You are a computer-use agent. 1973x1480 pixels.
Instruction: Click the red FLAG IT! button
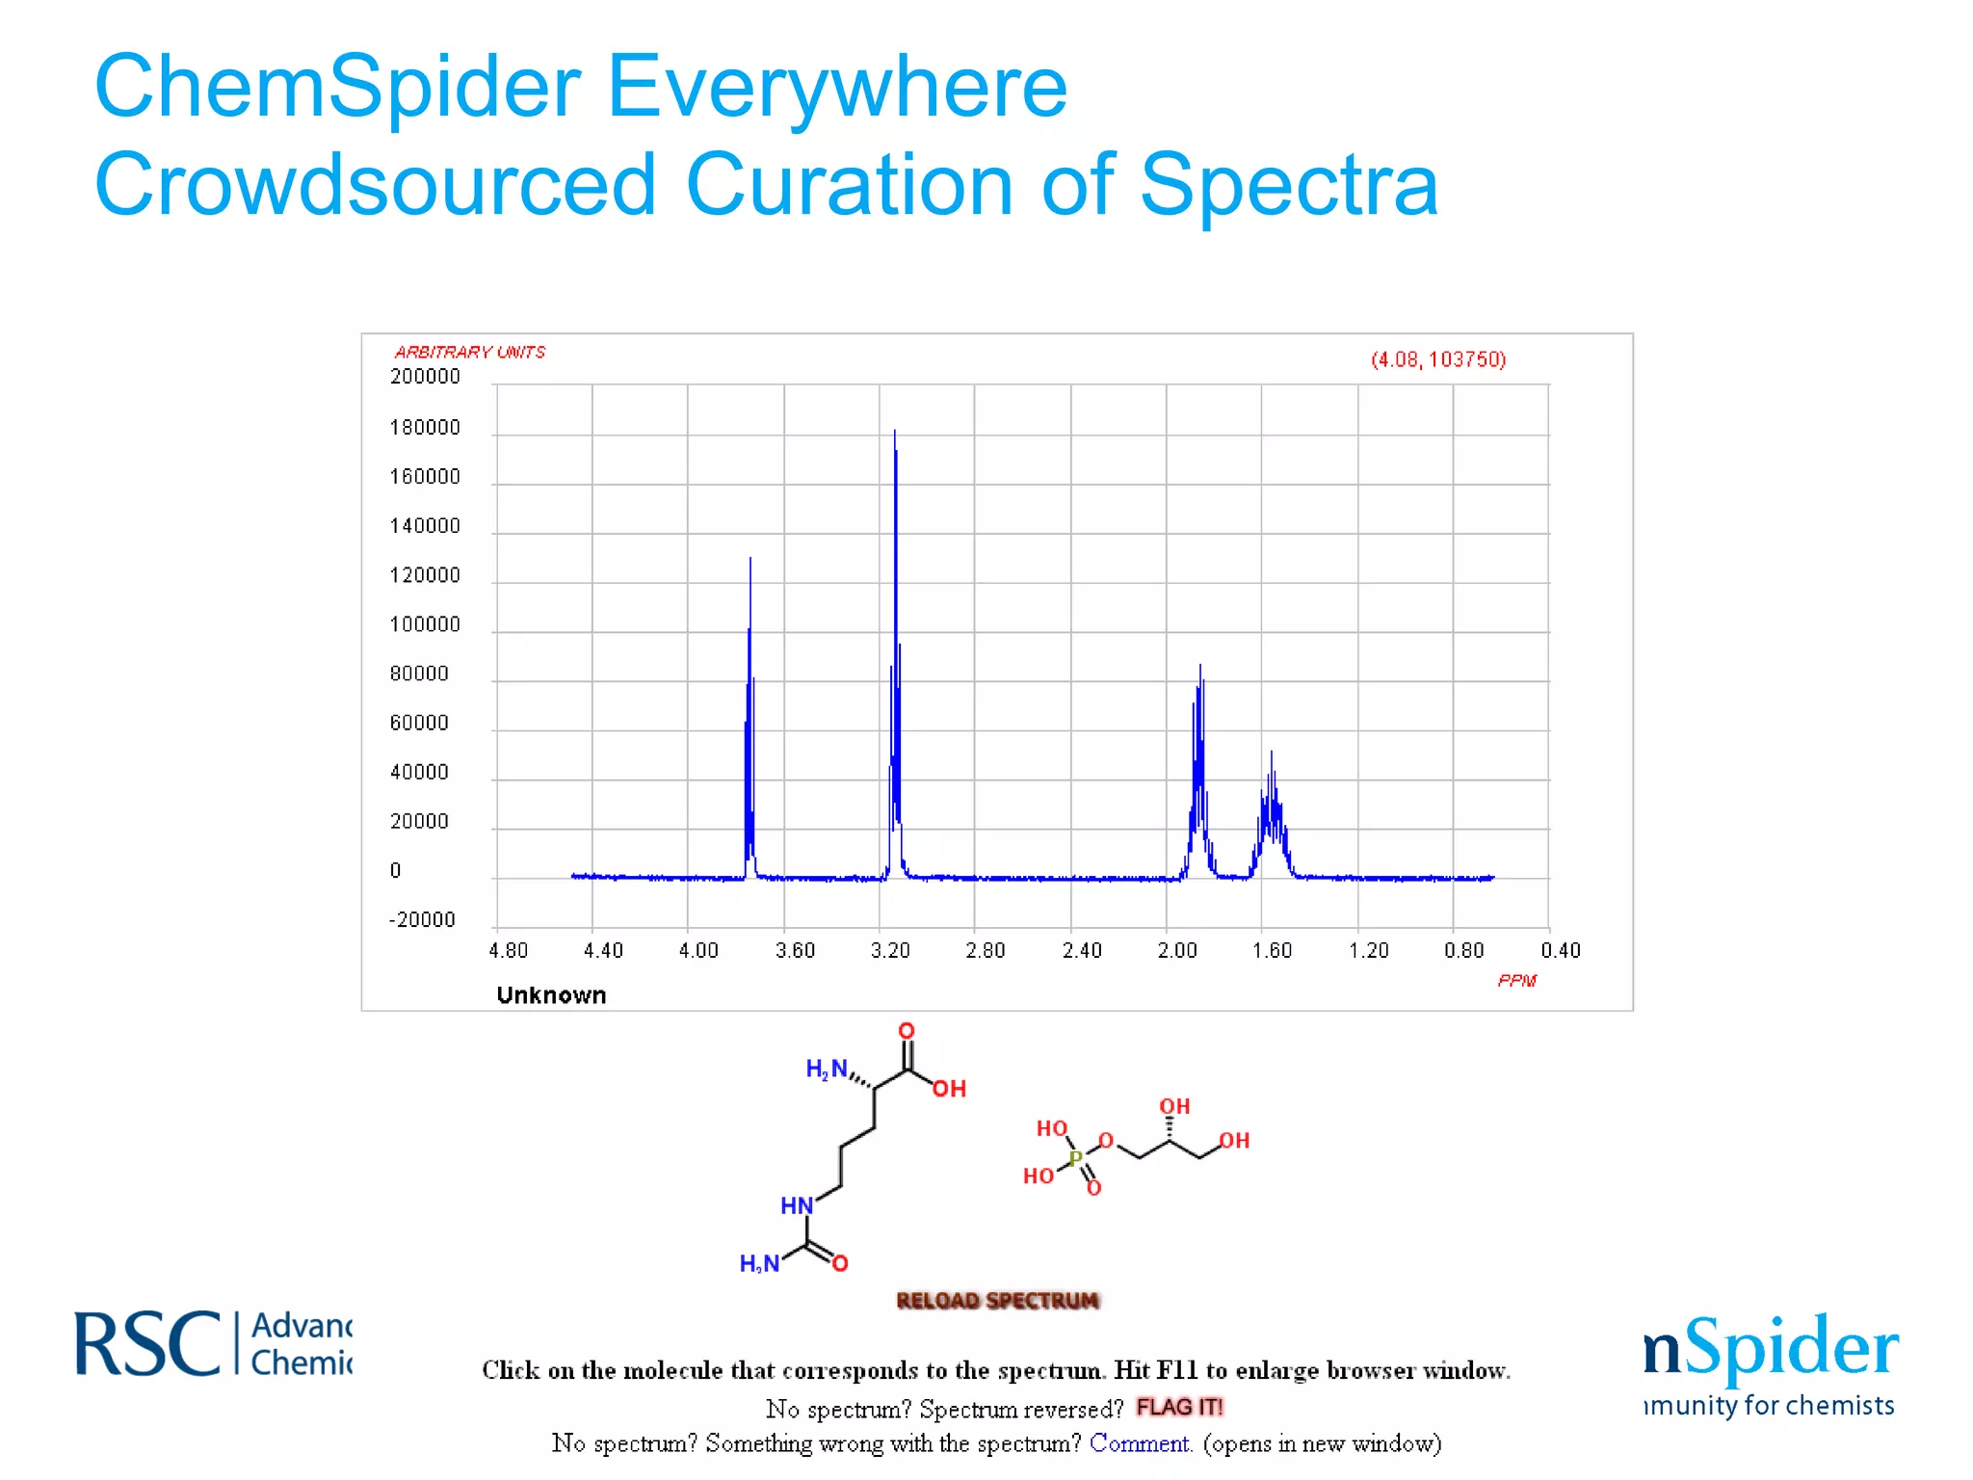click(x=1178, y=1408)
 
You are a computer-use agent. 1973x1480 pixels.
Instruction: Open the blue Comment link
click(x=1141, y=1443)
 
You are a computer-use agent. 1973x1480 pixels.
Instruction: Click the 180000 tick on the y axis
click(x=425, y=428)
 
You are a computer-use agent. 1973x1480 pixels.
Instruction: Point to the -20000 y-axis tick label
click(x=422, y=920)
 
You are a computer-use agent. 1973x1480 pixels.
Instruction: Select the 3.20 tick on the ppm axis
click(x=890, y=951)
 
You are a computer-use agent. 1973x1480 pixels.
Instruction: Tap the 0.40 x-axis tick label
click(x=1561, y=951)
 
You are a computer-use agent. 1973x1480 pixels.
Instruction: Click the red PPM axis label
click(x=1517, y=981)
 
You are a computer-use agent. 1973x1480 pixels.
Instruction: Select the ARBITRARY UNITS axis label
click(x=470, y=353)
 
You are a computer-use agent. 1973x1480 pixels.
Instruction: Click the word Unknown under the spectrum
click(x=551, y=995)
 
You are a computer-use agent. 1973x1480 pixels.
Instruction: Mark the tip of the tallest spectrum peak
click(x=895, y=432)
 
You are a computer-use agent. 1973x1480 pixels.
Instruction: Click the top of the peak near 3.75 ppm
click(x=750, y=559)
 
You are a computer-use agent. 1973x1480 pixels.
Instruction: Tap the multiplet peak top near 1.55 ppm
click(x=1272, y=753)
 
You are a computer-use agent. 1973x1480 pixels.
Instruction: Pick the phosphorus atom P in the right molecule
click(x=1076, y=1157)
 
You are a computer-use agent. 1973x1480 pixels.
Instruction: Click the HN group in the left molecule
click(x=797, y=1205)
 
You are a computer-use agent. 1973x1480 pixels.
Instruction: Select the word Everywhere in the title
click(x=837, y=88)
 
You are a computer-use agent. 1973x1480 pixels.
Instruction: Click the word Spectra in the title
click(x=1289, y=185)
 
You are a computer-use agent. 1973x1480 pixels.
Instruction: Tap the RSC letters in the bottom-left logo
click(x=147, y=1344)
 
